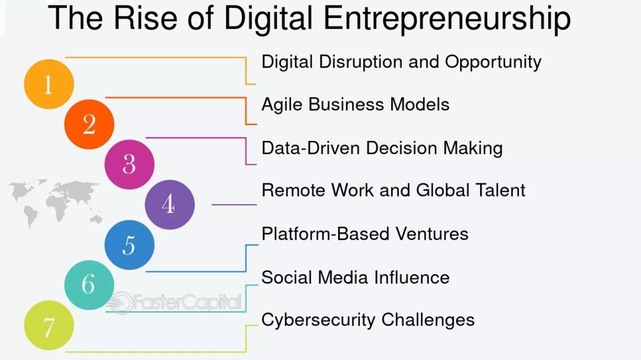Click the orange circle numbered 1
(48, 85)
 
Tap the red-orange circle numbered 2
(89, 124)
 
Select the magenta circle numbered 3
(129, 164)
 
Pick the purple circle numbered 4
(169, 204)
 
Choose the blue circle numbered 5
(129, 245)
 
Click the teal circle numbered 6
(89, 285)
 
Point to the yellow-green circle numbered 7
(48, 325)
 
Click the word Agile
(284, 105)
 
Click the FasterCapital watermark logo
(175, 303)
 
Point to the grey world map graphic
(56, 200)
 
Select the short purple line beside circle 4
(234, 205)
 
